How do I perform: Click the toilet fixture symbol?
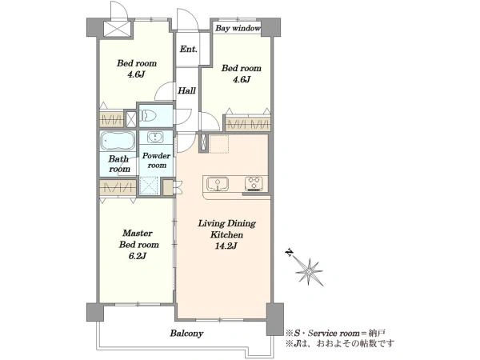[148, 116]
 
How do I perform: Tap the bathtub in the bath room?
[118, 141]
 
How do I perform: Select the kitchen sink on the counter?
[218, 183]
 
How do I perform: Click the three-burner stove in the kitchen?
[254, 184]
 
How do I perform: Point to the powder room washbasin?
[155, 138]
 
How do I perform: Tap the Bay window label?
[238, 28]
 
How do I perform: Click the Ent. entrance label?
[188, 49]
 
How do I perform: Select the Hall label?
[186, 90]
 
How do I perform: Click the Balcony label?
[186, 333]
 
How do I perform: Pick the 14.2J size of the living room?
[226, 246]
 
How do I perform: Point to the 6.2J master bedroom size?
[138, 256]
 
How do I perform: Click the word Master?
[138, 234]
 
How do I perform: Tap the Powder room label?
[157, 161]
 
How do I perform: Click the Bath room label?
[119, 164]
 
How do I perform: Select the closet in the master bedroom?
[118, 187]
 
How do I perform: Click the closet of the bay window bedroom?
[248, 124]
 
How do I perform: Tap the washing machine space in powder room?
[149, 186]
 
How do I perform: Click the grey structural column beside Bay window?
[270, 27]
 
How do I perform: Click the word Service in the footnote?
[321, 333]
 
